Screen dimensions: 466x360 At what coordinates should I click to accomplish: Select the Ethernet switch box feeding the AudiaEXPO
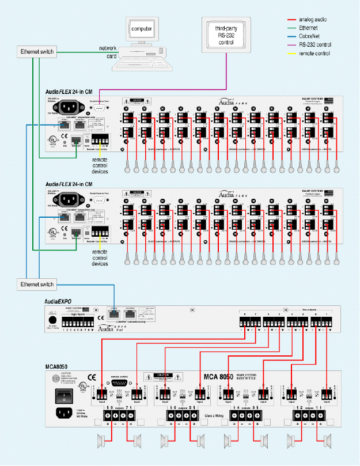37,284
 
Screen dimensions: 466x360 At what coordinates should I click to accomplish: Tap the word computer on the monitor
142,28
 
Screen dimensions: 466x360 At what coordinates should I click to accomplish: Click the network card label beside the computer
108,52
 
